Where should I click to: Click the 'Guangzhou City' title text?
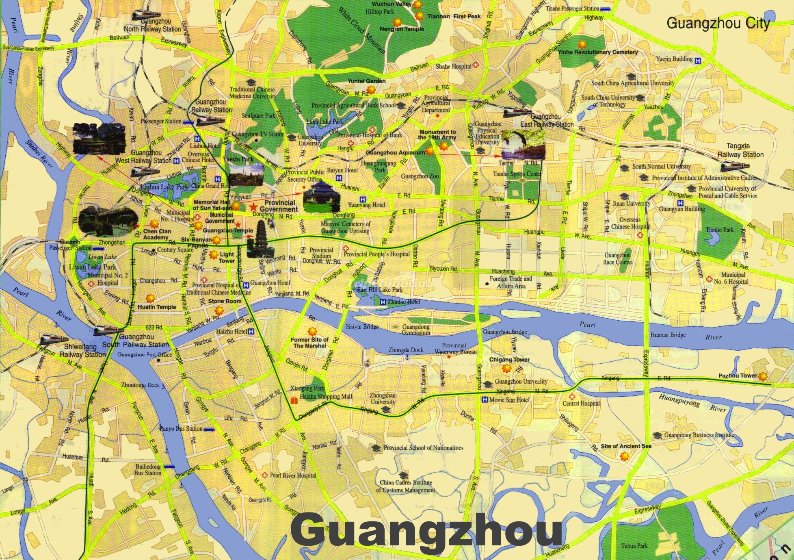[x=718, y=23]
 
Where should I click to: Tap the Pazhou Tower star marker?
[x=763, y=376]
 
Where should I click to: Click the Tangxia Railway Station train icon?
[x=734, y=166]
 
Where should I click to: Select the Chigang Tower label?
[x=509, y=360]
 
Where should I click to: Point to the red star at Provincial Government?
[x=253, y=206]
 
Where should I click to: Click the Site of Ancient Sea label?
[x=626, y=446]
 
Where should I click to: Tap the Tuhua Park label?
[x=634, y=546]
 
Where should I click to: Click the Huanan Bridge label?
[x=668, y=335]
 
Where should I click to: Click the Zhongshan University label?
[x=382, y=398]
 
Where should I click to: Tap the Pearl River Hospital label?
[x=292, y=475]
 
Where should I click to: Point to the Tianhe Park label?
[x=720, y=230]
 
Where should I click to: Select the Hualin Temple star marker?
[x=150, y=298]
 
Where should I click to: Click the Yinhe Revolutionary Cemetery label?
[x=597, y=52]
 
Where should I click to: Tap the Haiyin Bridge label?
[x=362, y=326]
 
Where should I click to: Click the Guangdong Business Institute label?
[x=699, y=435]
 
